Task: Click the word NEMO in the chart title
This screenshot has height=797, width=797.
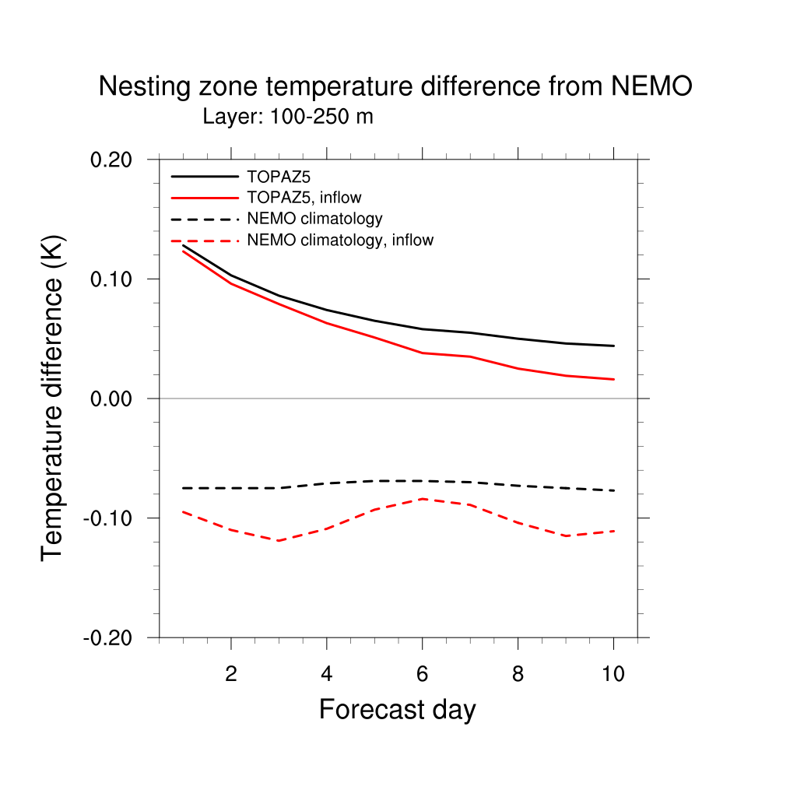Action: coord(651,86)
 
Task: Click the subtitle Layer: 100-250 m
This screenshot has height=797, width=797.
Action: coord(288,118)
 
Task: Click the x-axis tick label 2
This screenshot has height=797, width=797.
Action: coord(231,674)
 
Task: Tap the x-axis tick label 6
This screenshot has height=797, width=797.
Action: coord(422,674)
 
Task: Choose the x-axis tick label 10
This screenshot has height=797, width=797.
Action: coord(613,674)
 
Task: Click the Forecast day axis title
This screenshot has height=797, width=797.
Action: coord(397,710)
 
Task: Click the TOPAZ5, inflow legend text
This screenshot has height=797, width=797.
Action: coord(304,198)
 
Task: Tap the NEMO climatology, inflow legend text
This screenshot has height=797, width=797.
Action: coord(340,241)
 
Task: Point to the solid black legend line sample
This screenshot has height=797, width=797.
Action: coord(204,177)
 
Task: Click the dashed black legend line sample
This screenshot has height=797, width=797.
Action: coord(204,219)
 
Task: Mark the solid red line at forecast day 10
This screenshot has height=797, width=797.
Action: coord(613,379)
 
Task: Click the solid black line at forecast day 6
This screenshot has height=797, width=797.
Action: coord(422,329)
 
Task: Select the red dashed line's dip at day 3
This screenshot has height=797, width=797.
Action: coord(279,540)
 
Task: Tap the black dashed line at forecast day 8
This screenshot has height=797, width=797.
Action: coord(518,485)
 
